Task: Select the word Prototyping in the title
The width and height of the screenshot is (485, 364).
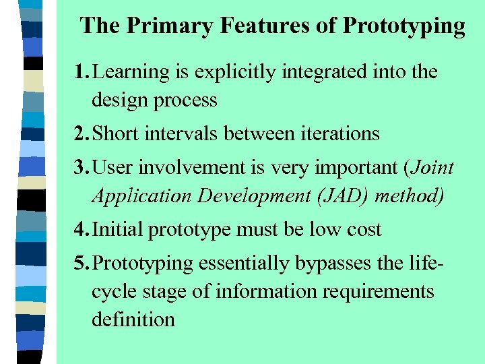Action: [403, 26]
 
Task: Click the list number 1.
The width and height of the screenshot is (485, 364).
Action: [81, 71]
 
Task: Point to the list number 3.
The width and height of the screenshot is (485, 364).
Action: [81, 167]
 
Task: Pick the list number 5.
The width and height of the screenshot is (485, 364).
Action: [81, 263]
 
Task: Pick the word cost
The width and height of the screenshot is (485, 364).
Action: [364, 229]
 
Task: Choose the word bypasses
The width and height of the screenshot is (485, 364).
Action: [333, 264]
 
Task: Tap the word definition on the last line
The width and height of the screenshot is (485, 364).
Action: [133, 319]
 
